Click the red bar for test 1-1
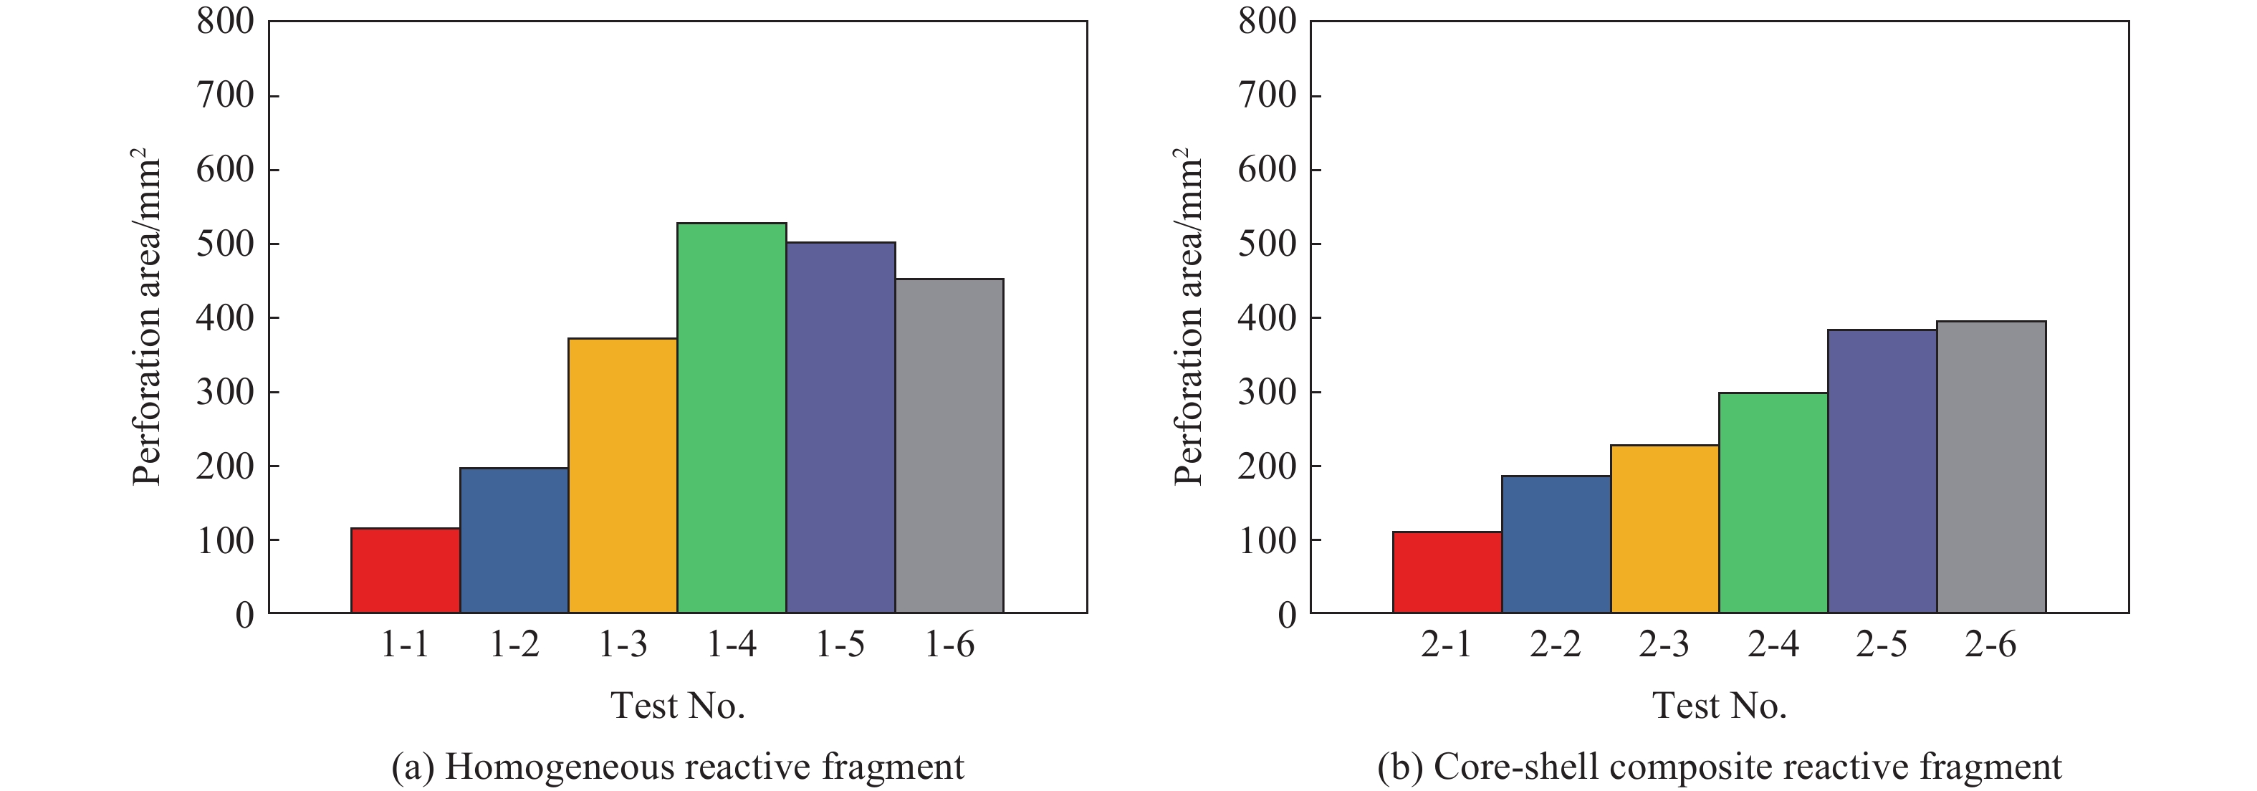(x=406, y=570)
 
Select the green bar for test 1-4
(x=732, y=418)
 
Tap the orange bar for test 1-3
(x=623, y=476)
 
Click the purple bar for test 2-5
(x=1882, y=471)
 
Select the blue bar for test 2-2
(x=1556, y=544)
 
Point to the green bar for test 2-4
(x=1773, y=503)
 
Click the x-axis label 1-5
(x=840, y=646)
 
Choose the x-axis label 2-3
(x=1664, y=646)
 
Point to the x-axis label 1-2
(x=514, y=646)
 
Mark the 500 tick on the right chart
(x=1267, y=244)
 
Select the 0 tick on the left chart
(x=244, y=615)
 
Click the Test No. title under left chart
(x=678, y=706)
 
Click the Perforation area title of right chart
(x=1188, y=317)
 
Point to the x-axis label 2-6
(x=1990, y=646)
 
